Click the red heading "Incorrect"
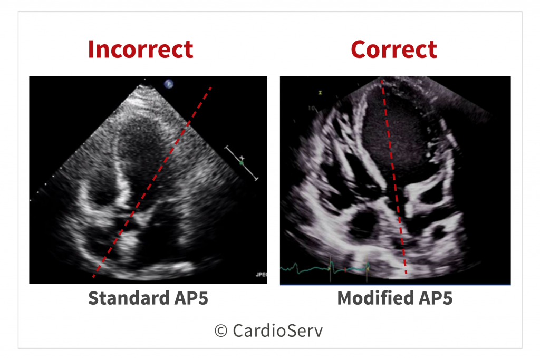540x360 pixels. (x=140, y=50)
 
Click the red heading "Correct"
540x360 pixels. (x=394, y=50)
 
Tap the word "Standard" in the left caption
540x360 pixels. (x=129, y=298)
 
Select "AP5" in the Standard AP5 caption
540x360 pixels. (x=191, y=298)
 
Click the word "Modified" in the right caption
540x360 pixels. (x=375, y=298)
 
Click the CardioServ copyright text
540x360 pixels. (x=269, y=330)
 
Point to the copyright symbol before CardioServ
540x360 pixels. (x=221, y=331)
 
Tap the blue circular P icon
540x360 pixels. (x=169, y=84)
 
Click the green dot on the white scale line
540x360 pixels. (x=241, y=163)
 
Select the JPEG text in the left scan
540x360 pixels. (x=262, y=274)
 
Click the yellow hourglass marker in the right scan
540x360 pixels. (x=320, y=93)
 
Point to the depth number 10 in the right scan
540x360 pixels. (x=311, y=108)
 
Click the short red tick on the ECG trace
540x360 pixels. (x=345, y=270)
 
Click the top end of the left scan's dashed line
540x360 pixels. (x=211, y=88)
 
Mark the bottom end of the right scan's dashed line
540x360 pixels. (x=407, y=273)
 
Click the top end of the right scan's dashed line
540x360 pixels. (x=382, y=81)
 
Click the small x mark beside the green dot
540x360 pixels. (x=242, y=158)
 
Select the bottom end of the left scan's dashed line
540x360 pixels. (x=93, y=276)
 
